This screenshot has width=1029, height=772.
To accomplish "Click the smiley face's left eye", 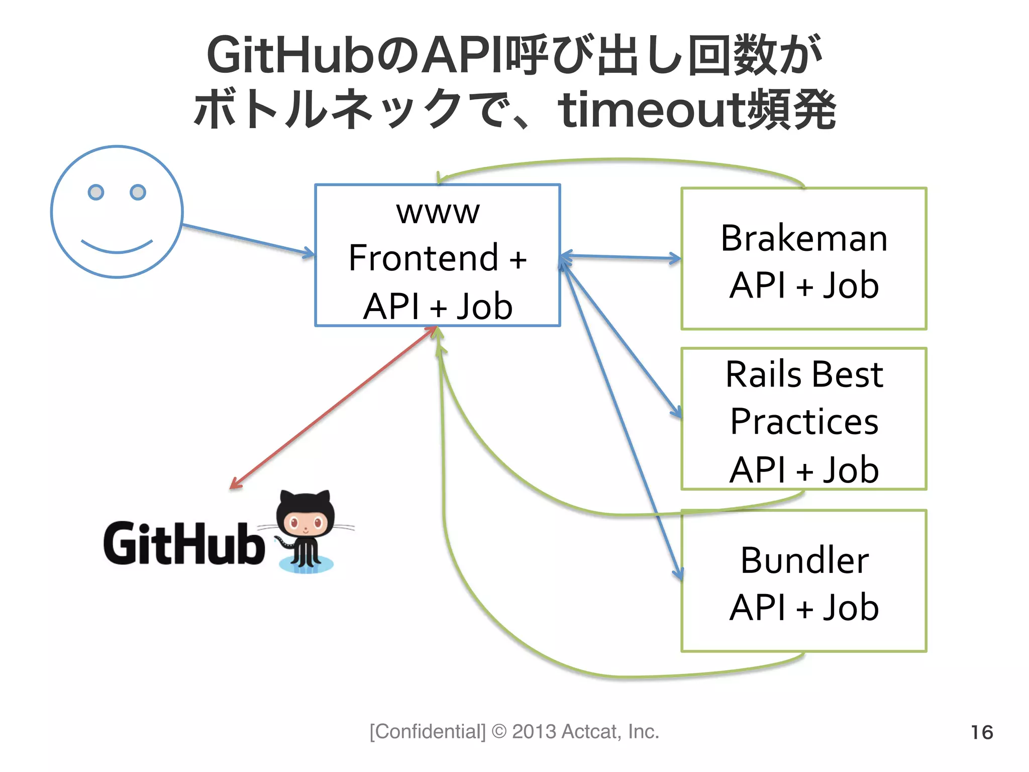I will tap(96, 192).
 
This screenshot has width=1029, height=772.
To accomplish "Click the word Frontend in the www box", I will tap(424, 258).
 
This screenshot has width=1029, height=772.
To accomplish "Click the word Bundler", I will tap(804, 560).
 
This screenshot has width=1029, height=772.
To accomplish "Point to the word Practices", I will tap(804, 422).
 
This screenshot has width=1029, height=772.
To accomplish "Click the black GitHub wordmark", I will tap(184, 543).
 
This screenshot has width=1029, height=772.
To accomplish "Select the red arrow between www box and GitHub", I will tap(334, 408).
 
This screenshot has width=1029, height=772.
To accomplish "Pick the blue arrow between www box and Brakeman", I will tap(621, 257).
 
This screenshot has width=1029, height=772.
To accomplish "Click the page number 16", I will tap(981, 732).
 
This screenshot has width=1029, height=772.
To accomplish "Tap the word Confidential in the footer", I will tap(428, 732).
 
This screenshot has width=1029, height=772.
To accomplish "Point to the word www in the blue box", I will tap(438, 212).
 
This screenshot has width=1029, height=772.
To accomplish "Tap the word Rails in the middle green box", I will tap(760, 374).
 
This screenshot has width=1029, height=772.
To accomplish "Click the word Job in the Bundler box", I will tap(851, 608).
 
